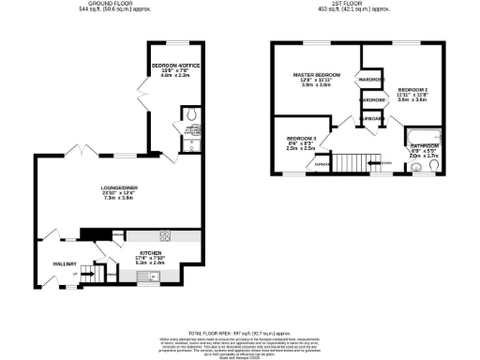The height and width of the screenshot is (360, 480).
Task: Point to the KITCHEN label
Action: tap(152, 252)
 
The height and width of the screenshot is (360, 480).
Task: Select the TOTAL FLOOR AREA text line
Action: tap(240, 333)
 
